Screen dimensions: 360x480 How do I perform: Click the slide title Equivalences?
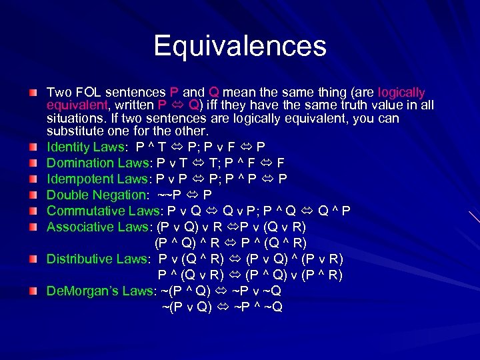[x=240, y=47]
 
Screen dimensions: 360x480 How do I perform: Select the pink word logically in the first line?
[x=401, y=92]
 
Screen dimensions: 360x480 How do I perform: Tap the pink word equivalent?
[x=76, y=105]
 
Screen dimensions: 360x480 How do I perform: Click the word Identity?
[x=67, y=147]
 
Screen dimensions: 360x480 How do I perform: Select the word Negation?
[x=118, y=195]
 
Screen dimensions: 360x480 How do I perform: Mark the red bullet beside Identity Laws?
[x=33, y=147]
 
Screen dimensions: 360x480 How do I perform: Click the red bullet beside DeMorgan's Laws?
[x=33, y=291]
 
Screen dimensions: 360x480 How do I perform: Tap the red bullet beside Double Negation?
[x=33, y=195]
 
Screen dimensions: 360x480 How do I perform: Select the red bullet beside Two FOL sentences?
[x=33, y=92]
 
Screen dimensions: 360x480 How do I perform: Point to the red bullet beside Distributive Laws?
[x=33, y=259]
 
